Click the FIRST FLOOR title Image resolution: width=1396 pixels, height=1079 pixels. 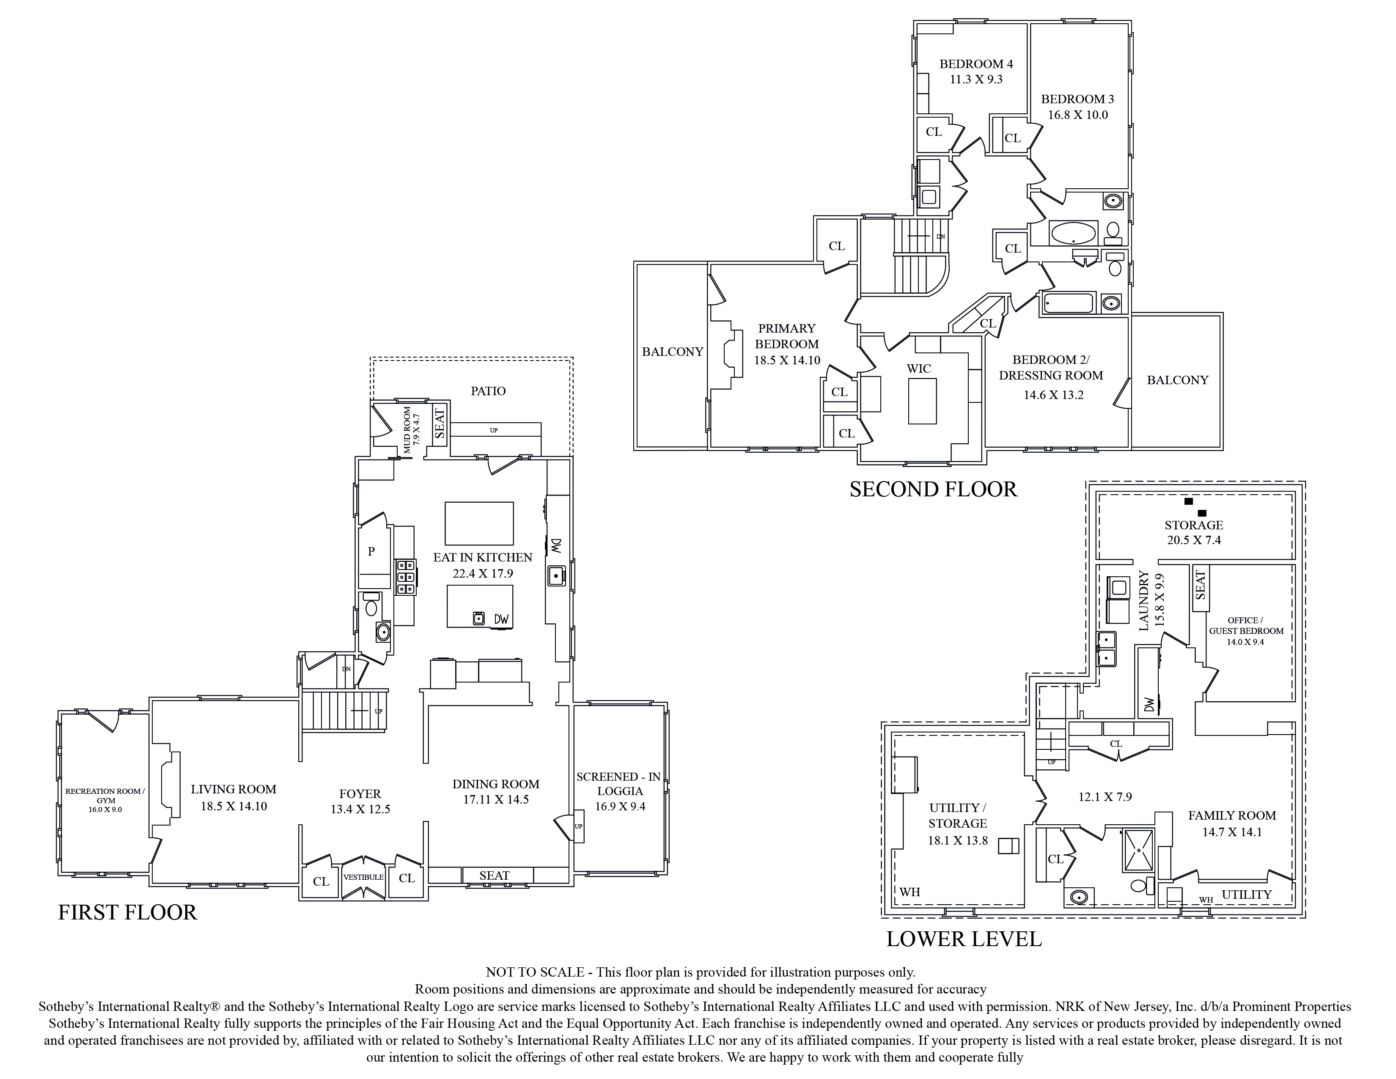128,912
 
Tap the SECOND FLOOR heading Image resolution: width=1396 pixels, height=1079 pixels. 933,489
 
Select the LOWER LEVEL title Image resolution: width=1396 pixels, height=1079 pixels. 964,939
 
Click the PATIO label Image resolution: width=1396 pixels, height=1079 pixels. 488,391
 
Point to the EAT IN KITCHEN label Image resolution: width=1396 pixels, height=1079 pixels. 483,557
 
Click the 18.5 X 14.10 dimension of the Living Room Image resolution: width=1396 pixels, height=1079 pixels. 234,806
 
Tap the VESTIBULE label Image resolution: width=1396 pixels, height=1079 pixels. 363,877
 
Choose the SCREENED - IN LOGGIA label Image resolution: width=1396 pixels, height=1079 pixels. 619,784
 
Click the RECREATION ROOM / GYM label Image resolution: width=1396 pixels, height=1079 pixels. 105,796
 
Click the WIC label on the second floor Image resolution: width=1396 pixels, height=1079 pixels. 918,369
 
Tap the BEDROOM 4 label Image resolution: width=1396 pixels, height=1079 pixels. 976,64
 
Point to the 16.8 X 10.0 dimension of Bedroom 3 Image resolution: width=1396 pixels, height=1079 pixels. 1078,115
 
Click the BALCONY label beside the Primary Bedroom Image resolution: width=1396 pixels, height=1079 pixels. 673,352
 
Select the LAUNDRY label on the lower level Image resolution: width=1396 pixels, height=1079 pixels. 1144,601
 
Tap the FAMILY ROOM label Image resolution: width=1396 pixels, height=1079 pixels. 1232,816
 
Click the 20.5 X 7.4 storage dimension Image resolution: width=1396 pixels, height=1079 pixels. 1193,540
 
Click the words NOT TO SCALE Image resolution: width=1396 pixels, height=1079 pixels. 535,972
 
